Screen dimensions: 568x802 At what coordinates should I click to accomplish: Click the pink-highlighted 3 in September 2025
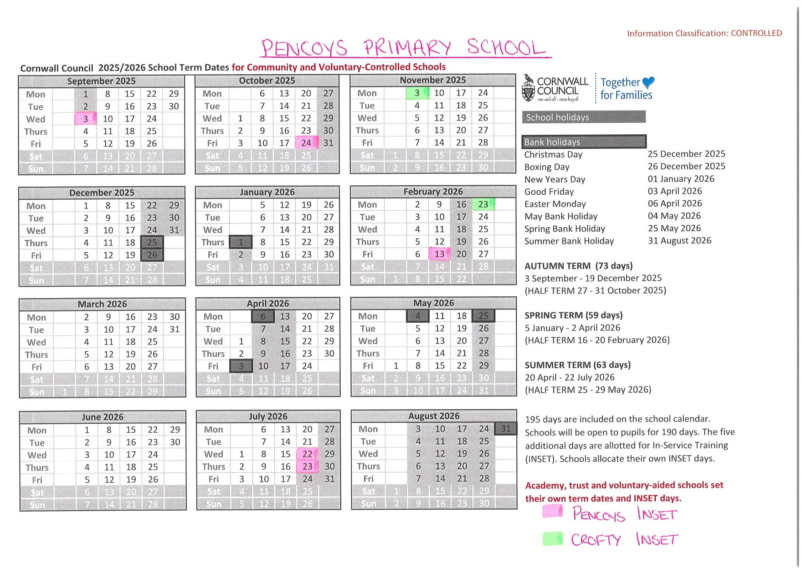coord(86,119)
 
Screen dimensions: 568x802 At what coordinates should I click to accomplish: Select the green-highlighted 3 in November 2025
coord(417,93)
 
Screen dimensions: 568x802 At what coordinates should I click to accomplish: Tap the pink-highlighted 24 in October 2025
coord(306,143)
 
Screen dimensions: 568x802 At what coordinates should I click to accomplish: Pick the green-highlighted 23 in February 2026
coord(483,204)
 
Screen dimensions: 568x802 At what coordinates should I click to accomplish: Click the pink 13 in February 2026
coord(439,254)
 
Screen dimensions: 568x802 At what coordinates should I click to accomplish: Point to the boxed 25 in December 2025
coord(152,243)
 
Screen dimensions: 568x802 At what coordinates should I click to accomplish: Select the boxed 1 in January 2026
coord(241,242)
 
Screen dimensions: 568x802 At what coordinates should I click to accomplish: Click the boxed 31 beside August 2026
coord(506,429)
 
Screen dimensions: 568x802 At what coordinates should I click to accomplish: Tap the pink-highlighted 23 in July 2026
coord(308,467)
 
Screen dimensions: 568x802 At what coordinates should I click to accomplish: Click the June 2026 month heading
coord(103,417)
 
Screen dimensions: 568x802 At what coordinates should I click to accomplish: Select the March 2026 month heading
coord(102,304)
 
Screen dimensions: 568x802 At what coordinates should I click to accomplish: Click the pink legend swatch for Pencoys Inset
coord(553,512)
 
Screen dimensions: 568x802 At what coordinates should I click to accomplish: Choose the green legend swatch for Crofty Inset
coord(553,539)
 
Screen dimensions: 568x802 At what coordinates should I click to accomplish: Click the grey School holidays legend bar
coord(583,117)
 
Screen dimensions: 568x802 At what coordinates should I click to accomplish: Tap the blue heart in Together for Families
coord(648,82)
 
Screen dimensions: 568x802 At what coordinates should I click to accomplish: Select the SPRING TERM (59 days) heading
coord(573,315)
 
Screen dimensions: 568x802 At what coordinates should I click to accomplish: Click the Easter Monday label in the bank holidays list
coord(555,204)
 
